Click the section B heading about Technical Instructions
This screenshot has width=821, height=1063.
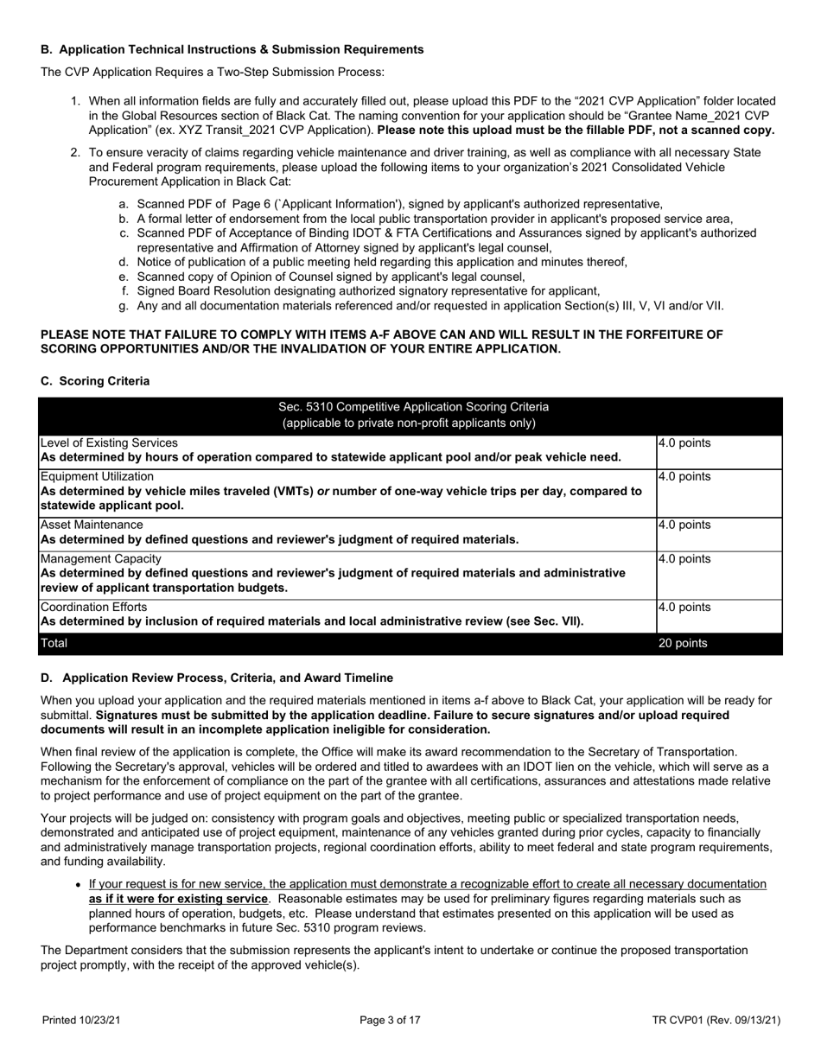click(232, 49)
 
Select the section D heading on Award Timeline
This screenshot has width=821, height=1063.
click(217, 678)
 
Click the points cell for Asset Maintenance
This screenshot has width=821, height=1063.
click(684, 525)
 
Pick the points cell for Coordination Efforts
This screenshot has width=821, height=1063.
click(684, 608)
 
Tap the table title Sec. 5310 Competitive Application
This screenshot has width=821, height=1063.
click(413, 406)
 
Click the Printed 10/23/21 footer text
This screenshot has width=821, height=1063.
click(82, 1021)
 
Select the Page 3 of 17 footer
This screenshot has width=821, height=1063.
click(390, 1021)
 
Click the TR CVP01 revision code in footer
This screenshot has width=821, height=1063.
click(716, 1021)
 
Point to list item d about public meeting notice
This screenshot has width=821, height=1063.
click(381, 262)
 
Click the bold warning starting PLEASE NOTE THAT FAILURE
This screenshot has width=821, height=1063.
click(381, 341)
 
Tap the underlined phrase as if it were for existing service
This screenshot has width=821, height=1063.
click(178, 899)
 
